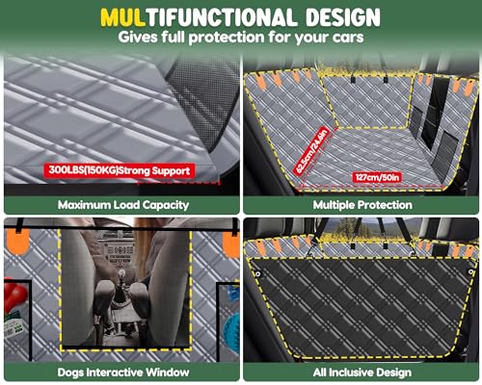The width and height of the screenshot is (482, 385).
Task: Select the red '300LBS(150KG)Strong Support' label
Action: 119,170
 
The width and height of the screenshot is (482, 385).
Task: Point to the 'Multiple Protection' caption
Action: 361,205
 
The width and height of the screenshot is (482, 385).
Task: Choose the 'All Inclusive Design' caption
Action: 361,372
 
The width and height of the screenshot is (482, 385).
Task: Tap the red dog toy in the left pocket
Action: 13,293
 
